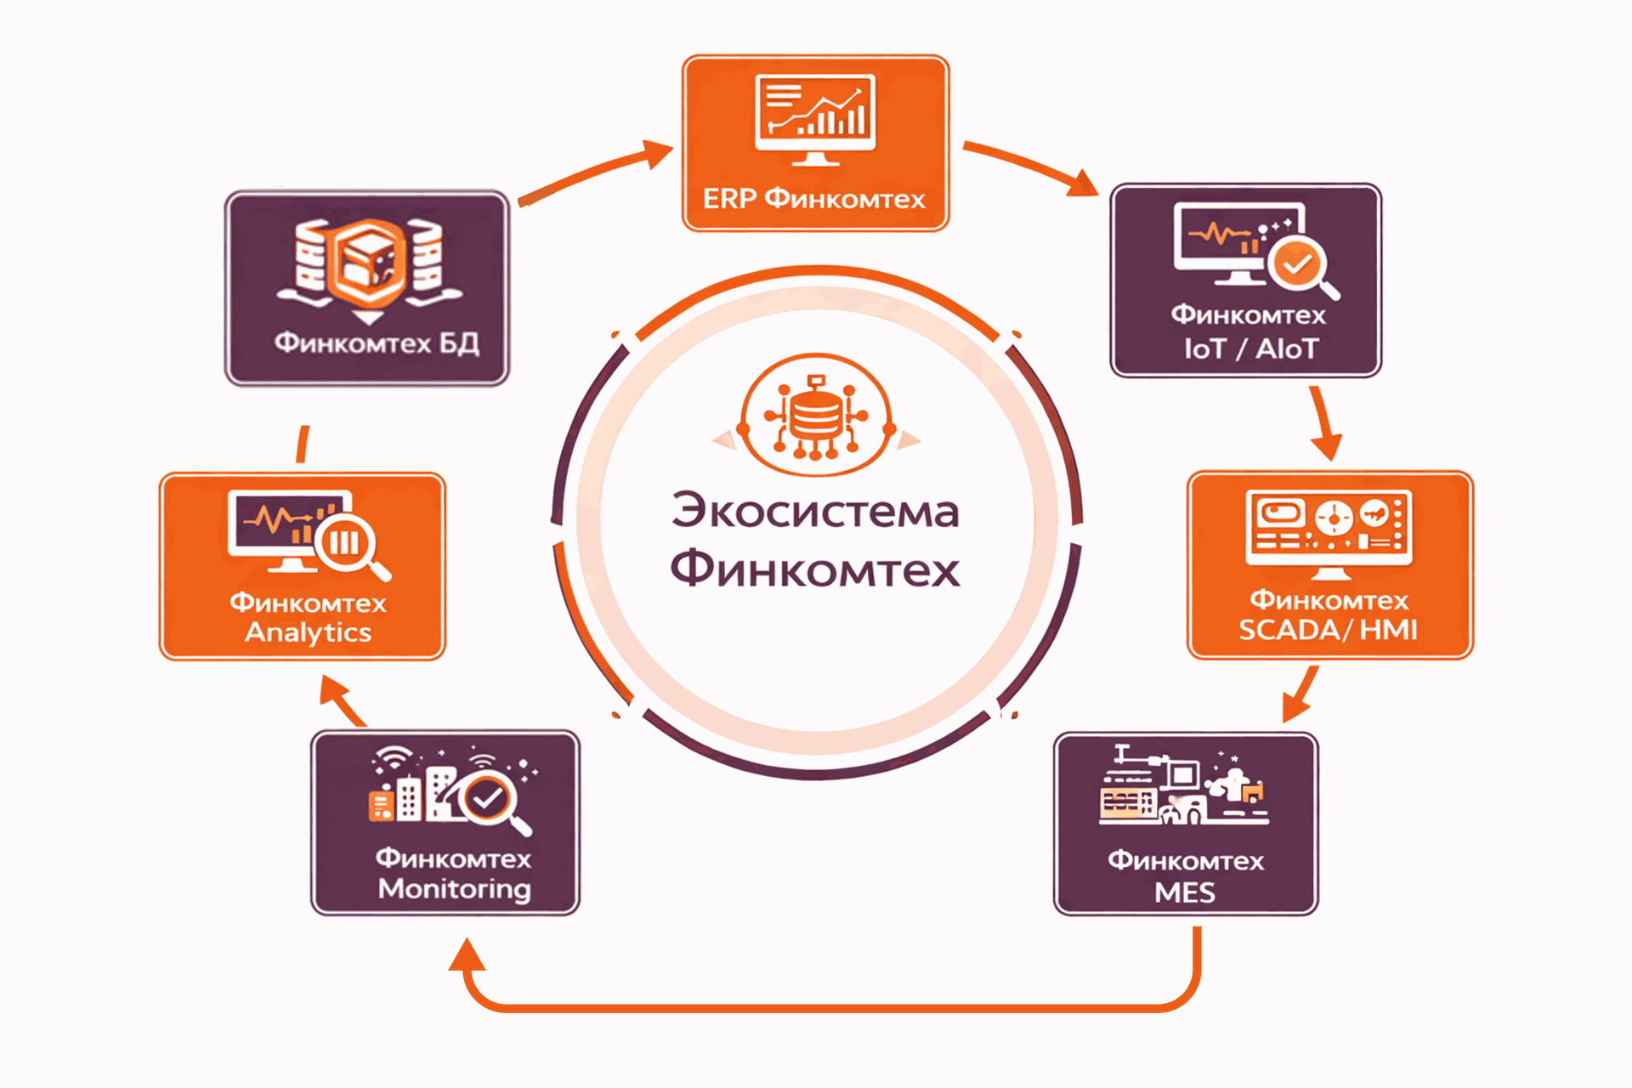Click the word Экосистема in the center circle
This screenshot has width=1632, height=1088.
coord(815,511)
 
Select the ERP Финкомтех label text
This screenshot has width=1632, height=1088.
coord(813,199)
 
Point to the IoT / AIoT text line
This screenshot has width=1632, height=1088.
coord(1250,348)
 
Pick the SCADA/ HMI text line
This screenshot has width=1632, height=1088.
coord(1328,630)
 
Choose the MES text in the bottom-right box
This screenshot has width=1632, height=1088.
coord(1185,892)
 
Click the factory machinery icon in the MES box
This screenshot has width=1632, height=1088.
coord(1182,787)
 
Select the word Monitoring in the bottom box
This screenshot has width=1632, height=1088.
coord(455,889)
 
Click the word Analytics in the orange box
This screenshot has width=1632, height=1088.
coord(308,632)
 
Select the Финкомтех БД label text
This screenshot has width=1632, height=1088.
coord(377,343)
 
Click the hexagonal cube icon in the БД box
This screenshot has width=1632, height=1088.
coord(368,259)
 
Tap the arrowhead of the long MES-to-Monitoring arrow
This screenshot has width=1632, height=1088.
coord(467,955)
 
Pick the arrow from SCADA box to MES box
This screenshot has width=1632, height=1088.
coord(1300,694)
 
